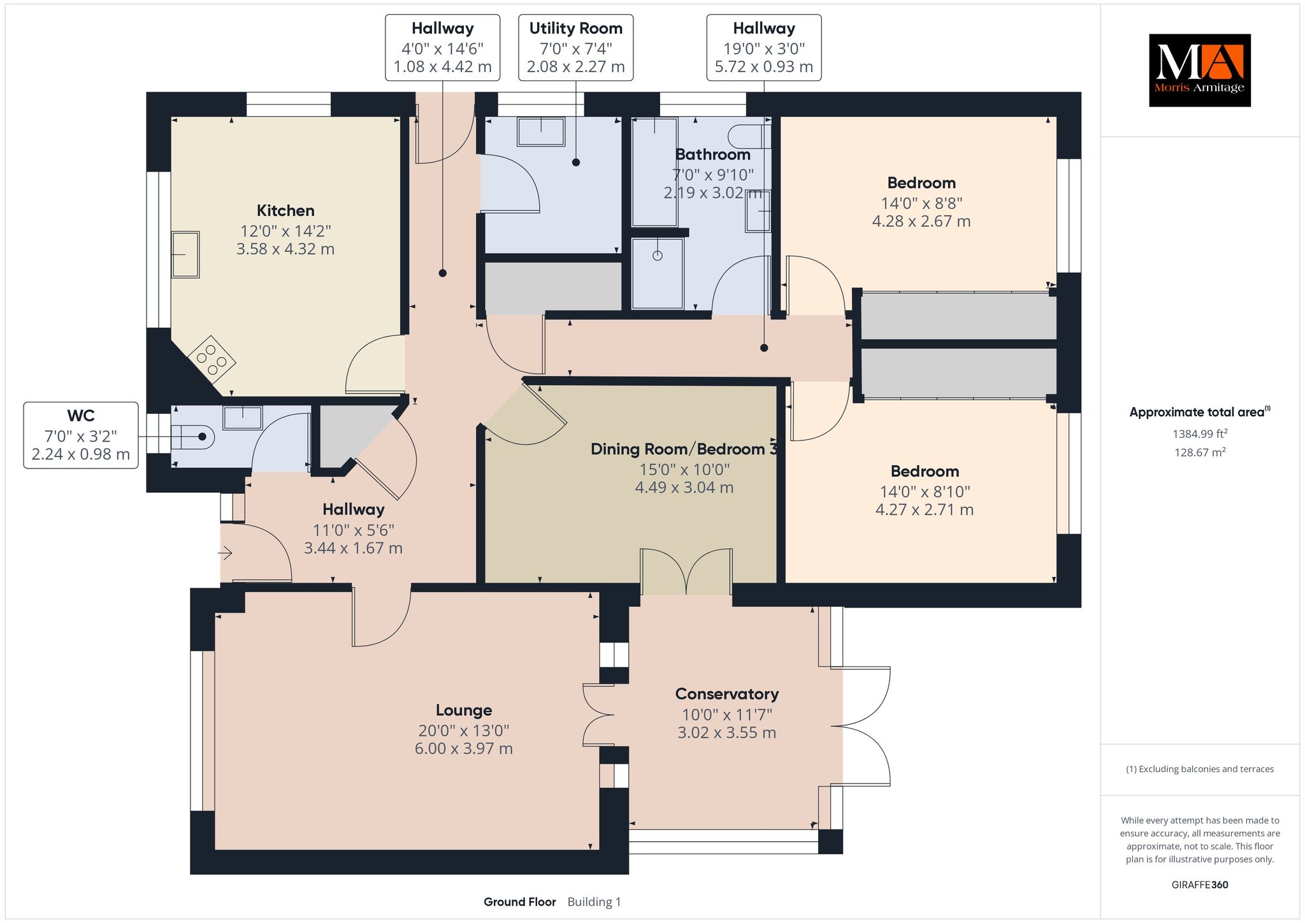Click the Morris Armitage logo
1199,70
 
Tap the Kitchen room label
285,211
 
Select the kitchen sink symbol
185,254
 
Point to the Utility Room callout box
575,48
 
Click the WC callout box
81,435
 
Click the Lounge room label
464,710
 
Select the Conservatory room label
727,694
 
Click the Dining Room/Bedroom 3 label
684,449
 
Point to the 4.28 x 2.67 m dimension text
921,221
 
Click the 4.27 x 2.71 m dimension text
925,510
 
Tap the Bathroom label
712,155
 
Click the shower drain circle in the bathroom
658,256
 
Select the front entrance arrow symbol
226,553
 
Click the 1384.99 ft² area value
1200,434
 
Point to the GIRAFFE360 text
1200,885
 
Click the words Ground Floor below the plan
520,902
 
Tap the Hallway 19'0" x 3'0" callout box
764,48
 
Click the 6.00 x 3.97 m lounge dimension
464,749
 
